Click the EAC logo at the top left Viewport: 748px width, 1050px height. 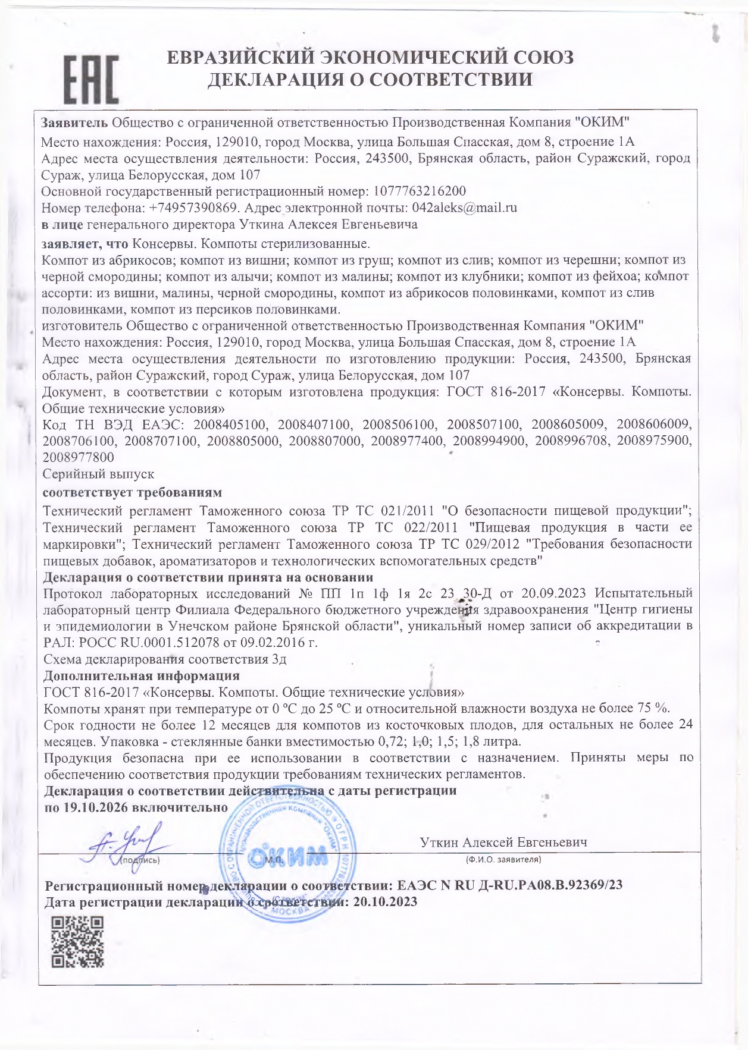pyautogui.click(x=91, y=79)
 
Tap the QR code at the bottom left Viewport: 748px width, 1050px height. pyautogui.click(x=77, y=941)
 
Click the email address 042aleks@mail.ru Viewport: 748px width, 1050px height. pyautogui.click(x=464, y=208)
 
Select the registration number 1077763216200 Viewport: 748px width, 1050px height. pyautogui.click(x=419, y=191)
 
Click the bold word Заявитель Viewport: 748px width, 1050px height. pyautogui.click(x=74, y=123)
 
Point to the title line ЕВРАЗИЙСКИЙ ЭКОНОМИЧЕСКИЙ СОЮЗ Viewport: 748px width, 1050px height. pyautogui.click(x=369, y=58)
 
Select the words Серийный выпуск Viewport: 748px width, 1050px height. pyautogui.click(x=99, y=474)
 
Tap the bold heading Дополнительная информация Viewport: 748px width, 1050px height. pyautogui.click(x=142, y=676)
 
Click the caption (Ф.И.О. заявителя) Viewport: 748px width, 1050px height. pyautogui.click(x=503, y=859)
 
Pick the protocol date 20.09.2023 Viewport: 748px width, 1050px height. pyautogui.click(x=553, y=593)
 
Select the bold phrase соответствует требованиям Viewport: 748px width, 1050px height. pyautogui.click(x=133, y=493)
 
